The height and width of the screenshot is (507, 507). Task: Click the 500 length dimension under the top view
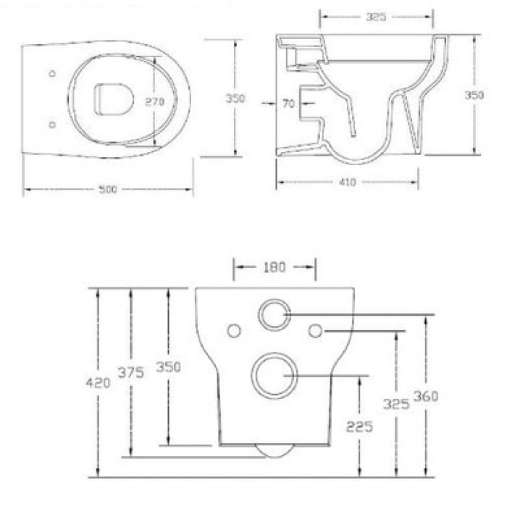pyautogui.click(x=108, y=190)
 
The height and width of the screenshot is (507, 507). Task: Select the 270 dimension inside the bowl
pyautogui.click(x=155, y=102)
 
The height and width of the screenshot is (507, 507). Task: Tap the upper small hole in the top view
pyautogui.click(x=51, y=74)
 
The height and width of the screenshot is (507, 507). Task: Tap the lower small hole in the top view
pyautogui.click(x=51, y=125)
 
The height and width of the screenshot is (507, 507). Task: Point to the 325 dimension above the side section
pyautogui.click(x=376, y=15)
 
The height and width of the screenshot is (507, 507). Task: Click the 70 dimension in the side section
pyautogui.click(x=288, y=104)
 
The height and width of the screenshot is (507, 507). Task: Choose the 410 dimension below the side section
pyautogui.click(x=347, y=183)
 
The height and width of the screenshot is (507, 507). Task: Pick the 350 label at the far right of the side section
pyautogui.click(x=474, y=96)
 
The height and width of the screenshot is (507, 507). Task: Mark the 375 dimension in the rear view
pyautogui.click(x=131, y=372)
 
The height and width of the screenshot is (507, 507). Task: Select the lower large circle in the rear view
pyautogui.click(x=274, y=374)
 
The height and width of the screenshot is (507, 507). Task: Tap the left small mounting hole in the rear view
pyautogui.click(x=234, y=330)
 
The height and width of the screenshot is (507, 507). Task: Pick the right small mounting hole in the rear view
pyautogui.click(x=315, y=330)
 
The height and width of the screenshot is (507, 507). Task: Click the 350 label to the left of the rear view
pyautogui.click(x=167, y=366)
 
